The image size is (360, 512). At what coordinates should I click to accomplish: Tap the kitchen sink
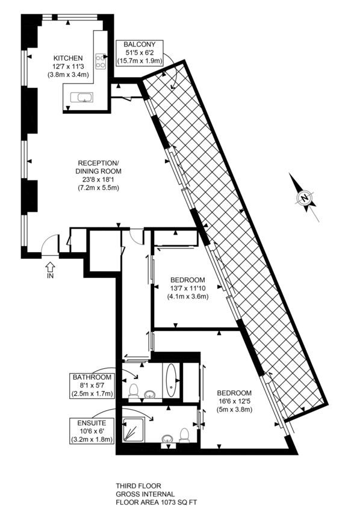coord(81,97)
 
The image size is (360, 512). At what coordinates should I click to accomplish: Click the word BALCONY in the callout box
coord(140,44)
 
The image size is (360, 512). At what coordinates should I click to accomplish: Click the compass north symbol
coord(306,197)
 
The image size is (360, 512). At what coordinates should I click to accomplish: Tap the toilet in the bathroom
coord(135,391)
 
